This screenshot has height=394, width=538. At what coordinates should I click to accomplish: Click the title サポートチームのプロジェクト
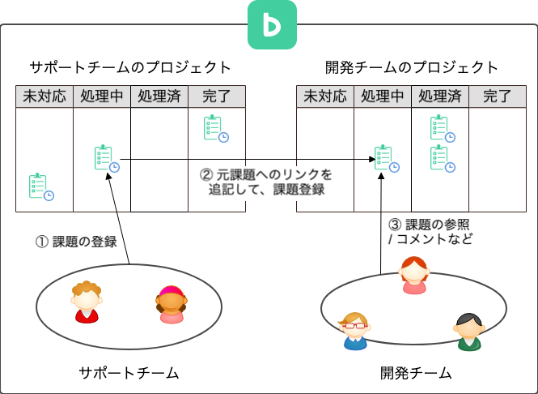[130, 67]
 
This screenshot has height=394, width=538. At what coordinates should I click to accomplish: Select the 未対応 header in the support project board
[44, 97]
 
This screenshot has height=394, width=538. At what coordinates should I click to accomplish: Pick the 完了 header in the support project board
[217, 97]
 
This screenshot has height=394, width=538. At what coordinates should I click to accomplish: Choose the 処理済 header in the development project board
[440, 97]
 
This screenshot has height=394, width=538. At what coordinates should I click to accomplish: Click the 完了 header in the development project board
[498, 97]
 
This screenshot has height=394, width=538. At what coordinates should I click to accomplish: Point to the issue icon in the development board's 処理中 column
[384, 158]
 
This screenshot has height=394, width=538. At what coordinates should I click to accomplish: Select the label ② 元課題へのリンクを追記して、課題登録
[266, 182]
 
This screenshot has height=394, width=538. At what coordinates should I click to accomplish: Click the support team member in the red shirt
[86, 302]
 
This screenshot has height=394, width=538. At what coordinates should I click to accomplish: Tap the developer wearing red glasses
[355, 331]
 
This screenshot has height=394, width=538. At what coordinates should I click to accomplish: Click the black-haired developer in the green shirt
[468, 332]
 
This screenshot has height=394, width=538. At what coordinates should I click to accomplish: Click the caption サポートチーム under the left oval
[129, 373]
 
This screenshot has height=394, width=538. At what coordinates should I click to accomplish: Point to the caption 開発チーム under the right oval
[416, 373]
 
